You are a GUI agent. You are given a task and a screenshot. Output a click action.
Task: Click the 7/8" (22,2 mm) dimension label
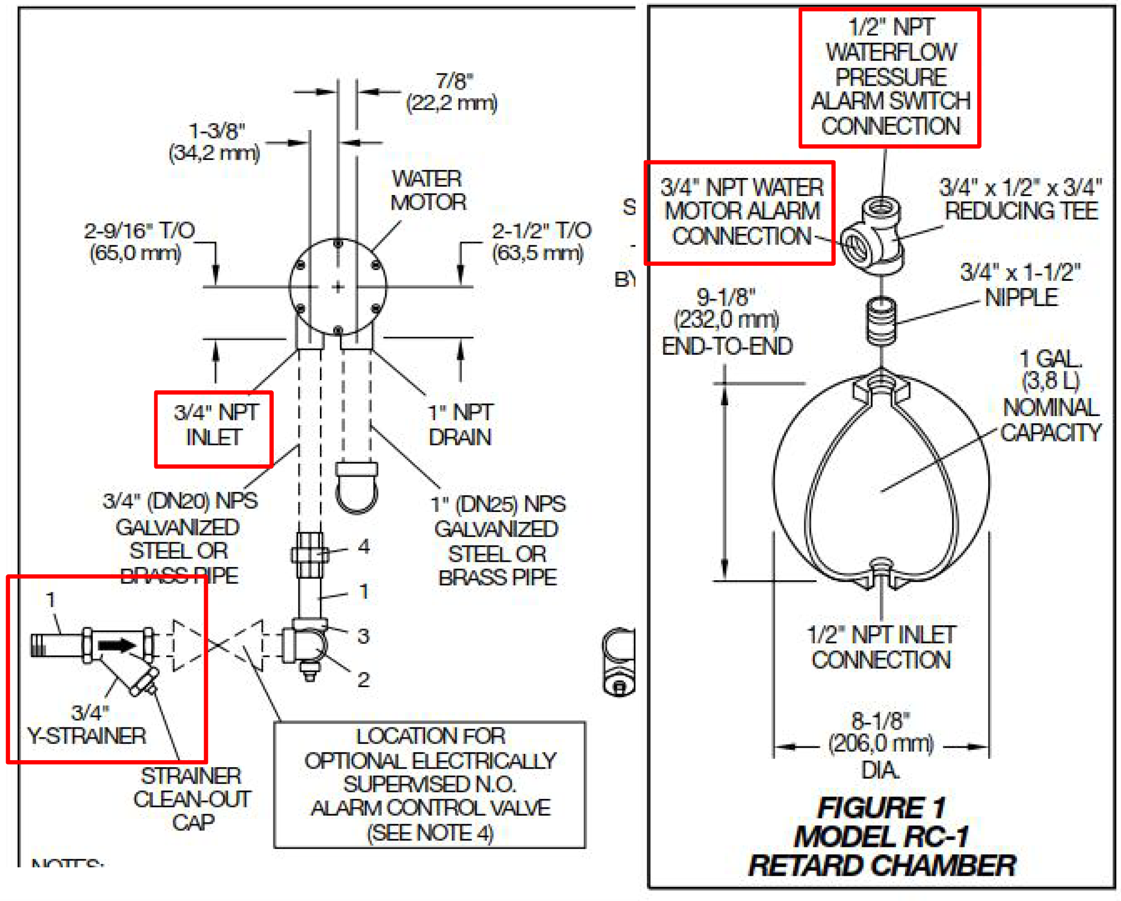click(x=452, y=93)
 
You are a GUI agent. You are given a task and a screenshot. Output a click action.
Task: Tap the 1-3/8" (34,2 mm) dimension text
click(x=215, y=142)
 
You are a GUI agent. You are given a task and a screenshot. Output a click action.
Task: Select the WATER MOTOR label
click(x=428, y=190)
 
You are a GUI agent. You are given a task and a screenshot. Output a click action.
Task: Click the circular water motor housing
click(x=338, y=287)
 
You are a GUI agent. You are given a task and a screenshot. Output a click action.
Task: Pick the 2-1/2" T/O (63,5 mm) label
click(x=541, y=242)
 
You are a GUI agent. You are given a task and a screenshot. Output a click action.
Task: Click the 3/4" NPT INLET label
click(x=214, y=425)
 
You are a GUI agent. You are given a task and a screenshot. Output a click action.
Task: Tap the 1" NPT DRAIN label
click(x=459, y=425)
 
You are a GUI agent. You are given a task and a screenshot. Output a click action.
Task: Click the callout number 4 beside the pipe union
click(x=364, y=547)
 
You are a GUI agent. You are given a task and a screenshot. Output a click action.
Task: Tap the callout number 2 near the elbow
click(x=364, y=679)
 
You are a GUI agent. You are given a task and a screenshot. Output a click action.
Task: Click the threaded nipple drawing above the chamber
click(x=881, y=321)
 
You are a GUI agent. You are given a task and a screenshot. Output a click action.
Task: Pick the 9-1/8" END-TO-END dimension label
click(x=726, y=321)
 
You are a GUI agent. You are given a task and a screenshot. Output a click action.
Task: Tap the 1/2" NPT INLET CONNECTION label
click(x=881, y=647)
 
